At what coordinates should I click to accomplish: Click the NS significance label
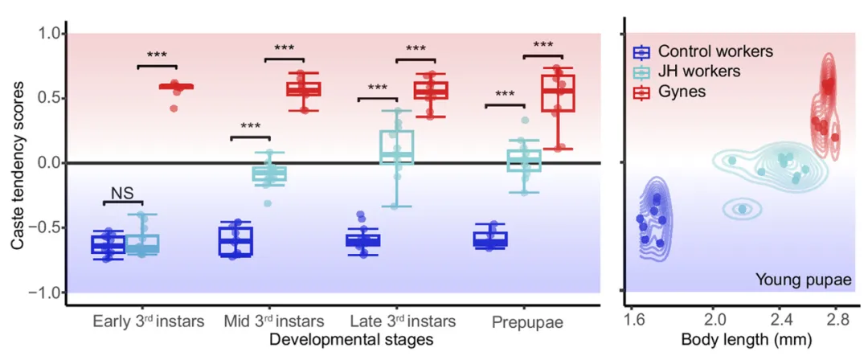coord(123,194)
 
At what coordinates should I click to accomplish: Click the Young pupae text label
coord(803,280)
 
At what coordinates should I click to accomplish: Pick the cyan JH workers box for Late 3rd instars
coord(396,146)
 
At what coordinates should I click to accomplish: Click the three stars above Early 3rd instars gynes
coord(157,56)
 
